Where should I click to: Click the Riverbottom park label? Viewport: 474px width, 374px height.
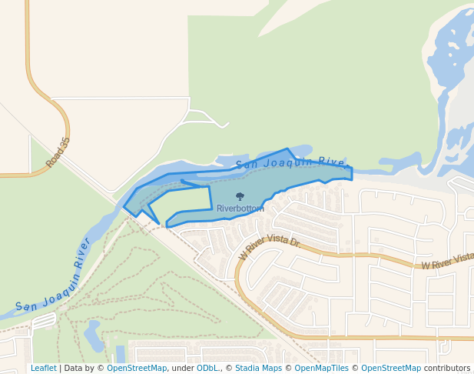pos(240,209)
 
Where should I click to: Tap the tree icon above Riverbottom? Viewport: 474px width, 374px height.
pos(240,197)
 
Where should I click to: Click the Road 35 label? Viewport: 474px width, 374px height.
pos(58,152)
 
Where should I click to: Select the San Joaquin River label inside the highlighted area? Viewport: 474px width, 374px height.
pos(292,162)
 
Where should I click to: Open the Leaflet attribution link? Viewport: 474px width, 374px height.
pos(43,369)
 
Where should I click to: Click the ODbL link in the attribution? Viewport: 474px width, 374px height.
pos(207,369)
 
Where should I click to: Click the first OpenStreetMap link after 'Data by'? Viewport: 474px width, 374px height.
pos(137,369)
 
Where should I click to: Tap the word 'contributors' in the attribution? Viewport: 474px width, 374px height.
pos(447,369)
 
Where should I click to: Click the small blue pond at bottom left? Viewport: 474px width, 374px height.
pos(93,335)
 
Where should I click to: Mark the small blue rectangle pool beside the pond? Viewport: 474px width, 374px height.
pos(120,354)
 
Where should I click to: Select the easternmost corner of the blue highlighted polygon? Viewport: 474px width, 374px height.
pos(352,173)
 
